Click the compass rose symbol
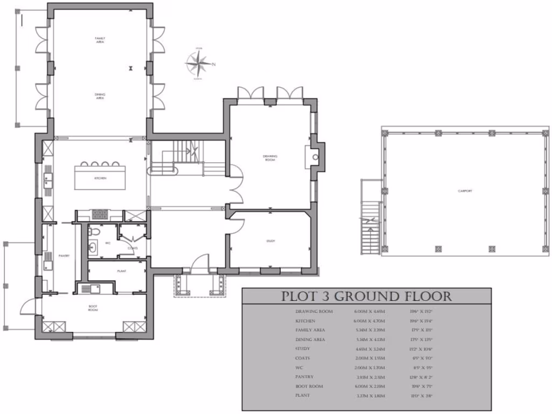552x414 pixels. pos(199,65)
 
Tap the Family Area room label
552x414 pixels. pos(100,40)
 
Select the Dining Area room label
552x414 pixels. pos(100,96)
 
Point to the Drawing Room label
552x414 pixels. pos(270,157)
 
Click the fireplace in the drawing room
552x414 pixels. pos(315,157)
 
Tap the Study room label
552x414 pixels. pos(270,241)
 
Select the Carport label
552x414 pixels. pos(465,191)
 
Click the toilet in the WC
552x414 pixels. pos(95,231)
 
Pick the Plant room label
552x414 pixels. pos(122,271)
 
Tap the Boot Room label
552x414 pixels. pos(93,308)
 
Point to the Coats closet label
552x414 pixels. pos(132,248)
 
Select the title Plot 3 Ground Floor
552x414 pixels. pos(367,296)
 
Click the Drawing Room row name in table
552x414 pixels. pos(314,312)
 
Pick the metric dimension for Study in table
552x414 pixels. pos(367,349)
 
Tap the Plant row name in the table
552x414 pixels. pos(302,396)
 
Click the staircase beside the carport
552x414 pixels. pos(371,218)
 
